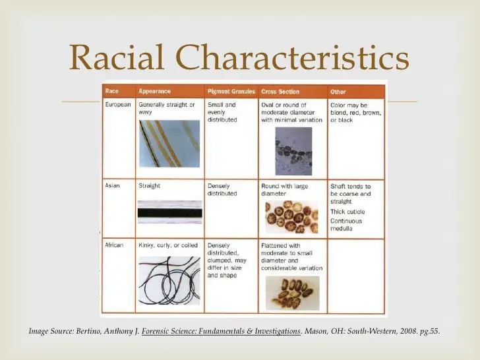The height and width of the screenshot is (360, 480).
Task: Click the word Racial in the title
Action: coord(117,57)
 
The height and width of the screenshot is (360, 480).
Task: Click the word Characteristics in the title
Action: coord(292,57)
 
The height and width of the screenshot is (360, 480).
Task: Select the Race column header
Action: coord(111,91)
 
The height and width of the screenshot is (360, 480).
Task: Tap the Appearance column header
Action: coord(154,91)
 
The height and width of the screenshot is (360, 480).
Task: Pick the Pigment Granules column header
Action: coord(231,92)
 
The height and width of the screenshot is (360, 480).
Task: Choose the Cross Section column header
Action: coord(280,92)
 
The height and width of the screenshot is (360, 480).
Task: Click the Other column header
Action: coord(338,92)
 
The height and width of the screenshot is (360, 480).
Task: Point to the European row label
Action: coord(118,104)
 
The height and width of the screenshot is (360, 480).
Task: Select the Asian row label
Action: coord(112,185)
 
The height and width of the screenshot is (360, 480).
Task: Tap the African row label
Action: coord(114,245)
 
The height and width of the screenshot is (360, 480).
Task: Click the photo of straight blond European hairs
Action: coord(169,144)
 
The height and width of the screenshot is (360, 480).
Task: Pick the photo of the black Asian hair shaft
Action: coord(170,212)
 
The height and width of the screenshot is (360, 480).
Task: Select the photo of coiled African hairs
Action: coord(169,280)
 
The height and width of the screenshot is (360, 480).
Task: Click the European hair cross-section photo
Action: coord(293,151)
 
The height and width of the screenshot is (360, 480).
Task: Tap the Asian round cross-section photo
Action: coord(291,217)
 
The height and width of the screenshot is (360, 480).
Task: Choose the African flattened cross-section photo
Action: coord(292,293)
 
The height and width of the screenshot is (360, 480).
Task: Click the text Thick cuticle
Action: coord(347,212)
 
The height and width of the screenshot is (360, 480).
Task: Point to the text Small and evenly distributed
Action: coord(222,112)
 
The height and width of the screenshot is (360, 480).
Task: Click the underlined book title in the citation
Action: coord(221,331)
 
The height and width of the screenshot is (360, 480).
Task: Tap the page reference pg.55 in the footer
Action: coord(430,331)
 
